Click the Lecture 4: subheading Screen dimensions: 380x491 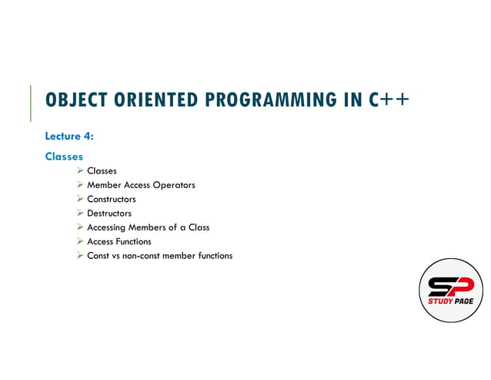(x=69, y=136)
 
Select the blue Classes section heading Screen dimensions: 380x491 (x=64, y=156)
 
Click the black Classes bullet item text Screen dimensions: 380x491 (x=102, y=171)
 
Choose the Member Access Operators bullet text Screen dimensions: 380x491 (x=141, y=185)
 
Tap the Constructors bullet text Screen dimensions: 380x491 (x=111, y=199)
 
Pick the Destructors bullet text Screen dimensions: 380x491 (x=109, y=214)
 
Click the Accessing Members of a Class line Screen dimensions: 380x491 (x=148, y=227)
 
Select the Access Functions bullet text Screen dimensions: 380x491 (x=119, y=241)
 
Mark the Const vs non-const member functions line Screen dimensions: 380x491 (x=159, y=256)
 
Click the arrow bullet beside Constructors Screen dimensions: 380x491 (x=80, y=199)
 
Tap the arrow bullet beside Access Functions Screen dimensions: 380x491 (x=80, y=241)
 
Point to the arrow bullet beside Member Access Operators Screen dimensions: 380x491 (x=80, y=185)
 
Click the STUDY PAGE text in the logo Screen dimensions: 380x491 (x=451, y=301)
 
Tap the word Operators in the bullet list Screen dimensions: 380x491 (x=174, y=185)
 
